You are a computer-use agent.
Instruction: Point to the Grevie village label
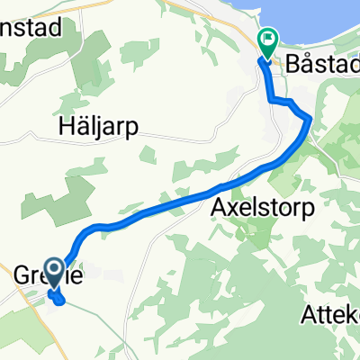pos(40,274)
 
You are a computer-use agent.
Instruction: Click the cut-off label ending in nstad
pos(31,28)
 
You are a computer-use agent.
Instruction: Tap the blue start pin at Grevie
pos(54,271)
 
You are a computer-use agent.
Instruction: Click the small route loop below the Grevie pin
pos(58,299)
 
